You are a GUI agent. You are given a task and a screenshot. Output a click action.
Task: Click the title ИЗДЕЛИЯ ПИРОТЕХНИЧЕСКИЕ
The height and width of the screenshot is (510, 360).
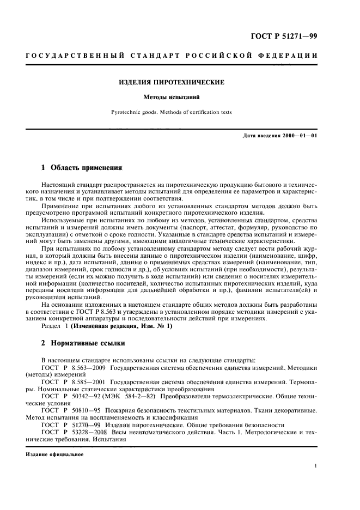172,83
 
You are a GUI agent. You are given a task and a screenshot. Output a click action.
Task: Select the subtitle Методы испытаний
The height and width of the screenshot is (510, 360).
172,98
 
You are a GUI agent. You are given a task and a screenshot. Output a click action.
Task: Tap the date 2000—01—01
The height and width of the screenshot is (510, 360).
302,135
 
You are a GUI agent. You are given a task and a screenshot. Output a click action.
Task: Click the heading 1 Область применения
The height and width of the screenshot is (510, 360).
82,166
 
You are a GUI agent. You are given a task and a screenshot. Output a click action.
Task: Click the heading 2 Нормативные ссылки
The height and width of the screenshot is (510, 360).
83,344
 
